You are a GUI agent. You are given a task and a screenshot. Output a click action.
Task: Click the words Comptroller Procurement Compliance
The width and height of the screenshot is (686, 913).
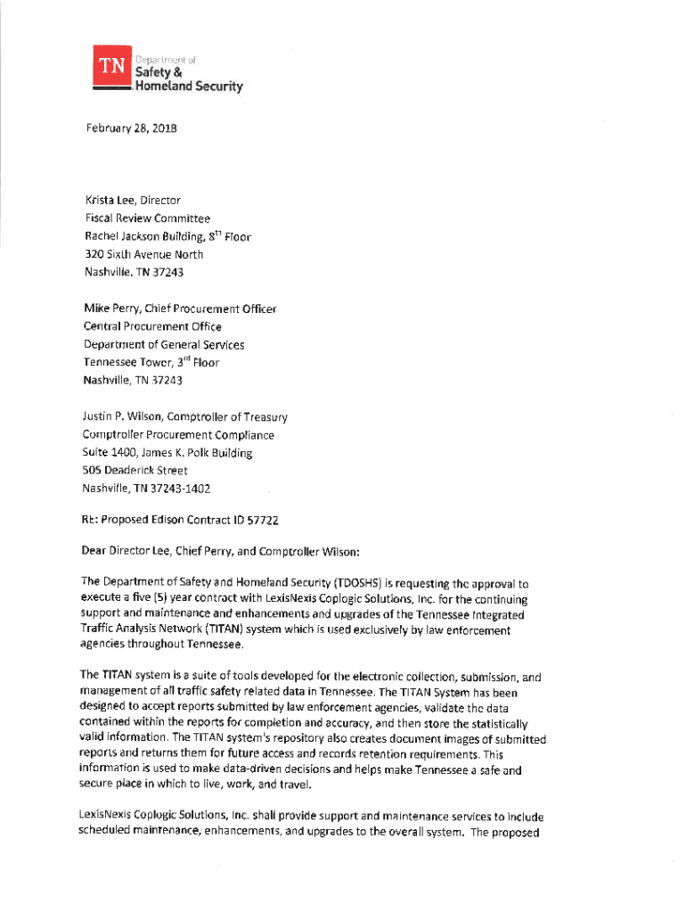[178, 435]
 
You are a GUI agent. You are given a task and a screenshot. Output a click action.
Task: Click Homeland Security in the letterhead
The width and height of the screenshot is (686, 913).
[188, 86]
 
